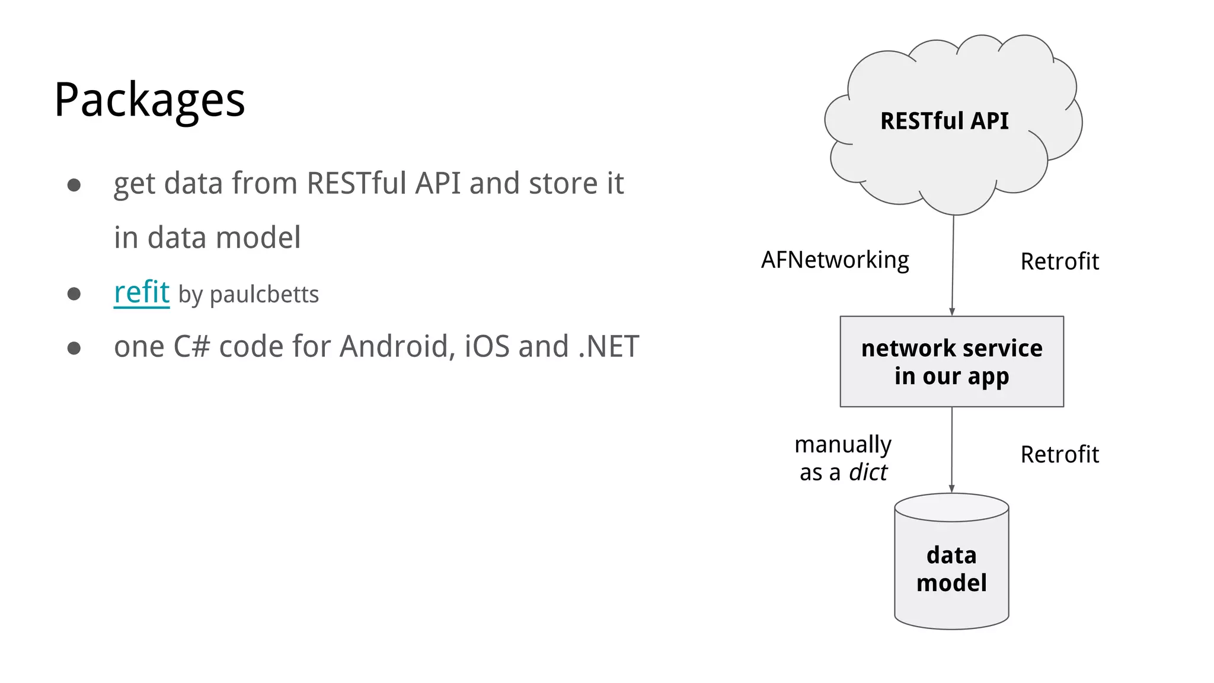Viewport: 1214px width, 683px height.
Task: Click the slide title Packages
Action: tap(149, 100)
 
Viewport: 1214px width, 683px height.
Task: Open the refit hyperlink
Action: tap(142, 292)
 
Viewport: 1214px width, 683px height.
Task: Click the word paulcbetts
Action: tap(264, 295)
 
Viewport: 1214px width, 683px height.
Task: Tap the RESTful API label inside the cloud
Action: tap(944, 121)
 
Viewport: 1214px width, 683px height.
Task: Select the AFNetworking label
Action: tap(835, 260)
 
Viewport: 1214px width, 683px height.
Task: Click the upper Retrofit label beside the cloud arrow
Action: tap(1059, 261)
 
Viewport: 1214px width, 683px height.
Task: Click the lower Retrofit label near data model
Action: tap(1059, 455)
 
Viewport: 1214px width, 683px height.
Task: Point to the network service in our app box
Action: tap(951, 362)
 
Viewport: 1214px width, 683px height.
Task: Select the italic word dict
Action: tap(868, 473)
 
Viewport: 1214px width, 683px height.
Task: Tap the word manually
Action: tap(842, 445)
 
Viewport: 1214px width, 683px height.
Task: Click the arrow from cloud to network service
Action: tap(953, 267)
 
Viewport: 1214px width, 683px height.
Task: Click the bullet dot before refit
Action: tap(74, 293)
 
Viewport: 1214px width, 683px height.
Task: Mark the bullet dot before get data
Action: tap(74, 185)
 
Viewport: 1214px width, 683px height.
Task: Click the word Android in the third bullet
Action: tap(397, 346)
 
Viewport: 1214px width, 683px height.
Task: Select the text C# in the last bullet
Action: tap(191, 346)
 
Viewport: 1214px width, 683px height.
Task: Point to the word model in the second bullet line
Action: tap(258, 238)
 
